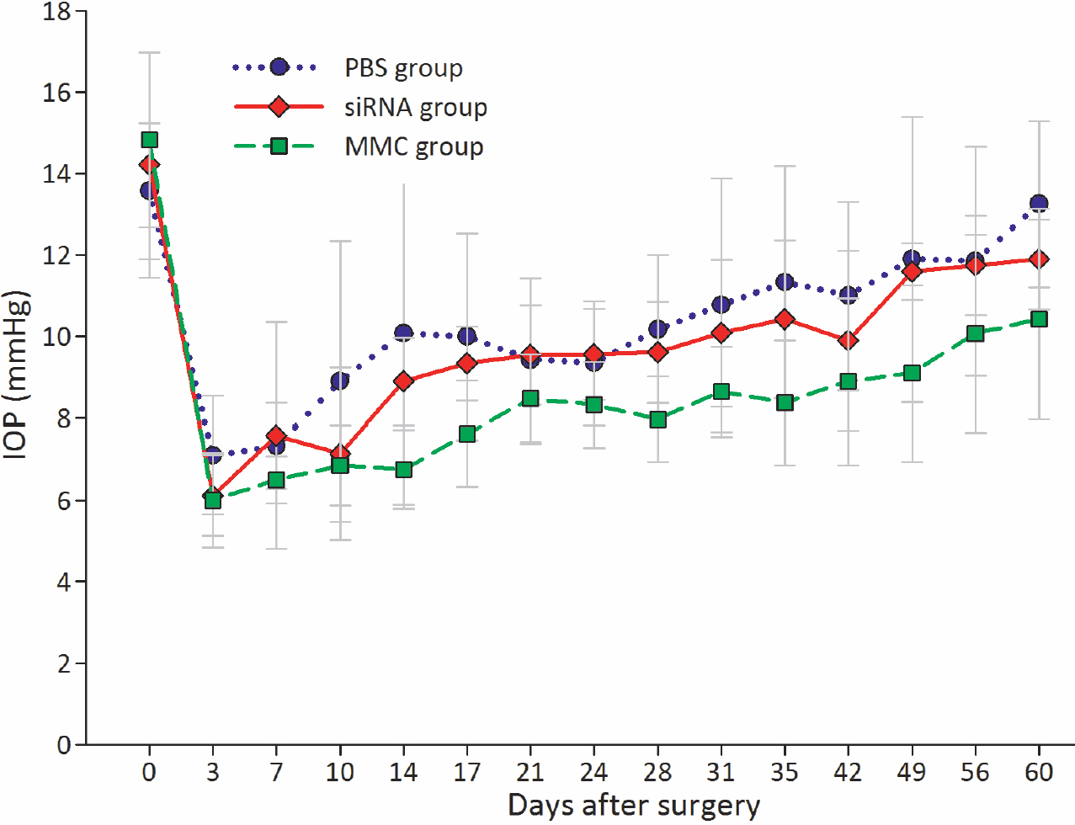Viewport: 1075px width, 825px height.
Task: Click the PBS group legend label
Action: click(403, 68)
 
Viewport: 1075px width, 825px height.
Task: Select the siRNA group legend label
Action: click(415, 108)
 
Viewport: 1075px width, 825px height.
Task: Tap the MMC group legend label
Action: click(413, 147)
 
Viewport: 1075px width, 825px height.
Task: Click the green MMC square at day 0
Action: click(150, 140)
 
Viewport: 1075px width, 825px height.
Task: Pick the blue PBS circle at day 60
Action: click(1039, 204)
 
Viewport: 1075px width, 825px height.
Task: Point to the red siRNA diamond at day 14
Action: click(404, 381)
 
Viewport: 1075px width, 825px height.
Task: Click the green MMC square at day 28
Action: click(658, 419)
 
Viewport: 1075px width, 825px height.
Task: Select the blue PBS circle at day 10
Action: click(340, 381)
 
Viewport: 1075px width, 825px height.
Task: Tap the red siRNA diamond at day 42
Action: click(849, 340)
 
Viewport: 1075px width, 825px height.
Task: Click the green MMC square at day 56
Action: click(976, 333)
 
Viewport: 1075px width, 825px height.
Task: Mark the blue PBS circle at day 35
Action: click(785, 282)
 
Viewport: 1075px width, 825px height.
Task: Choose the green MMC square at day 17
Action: click(467, 434)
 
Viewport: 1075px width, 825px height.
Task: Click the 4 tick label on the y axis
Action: click(64, 582)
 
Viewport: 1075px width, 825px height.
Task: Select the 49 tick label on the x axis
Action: click(912, 772)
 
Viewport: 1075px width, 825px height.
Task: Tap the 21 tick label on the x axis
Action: click(530, 772)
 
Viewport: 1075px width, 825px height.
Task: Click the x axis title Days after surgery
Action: click(634, 806)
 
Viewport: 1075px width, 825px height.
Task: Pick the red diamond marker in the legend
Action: click(279, 107)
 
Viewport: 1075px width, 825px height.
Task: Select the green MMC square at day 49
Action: click(912, 373)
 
